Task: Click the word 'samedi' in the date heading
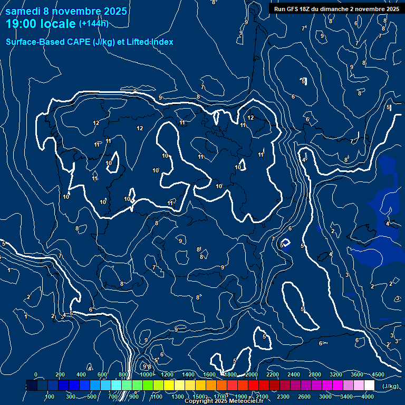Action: [x=23, y=11]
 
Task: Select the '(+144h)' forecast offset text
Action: [x=93, y=24]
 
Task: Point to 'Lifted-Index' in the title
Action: [x=150, y=42]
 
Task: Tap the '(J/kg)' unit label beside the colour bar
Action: [x=390, y=387]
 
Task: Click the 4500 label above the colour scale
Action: [x=378, y=374]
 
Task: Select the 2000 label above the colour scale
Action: [x=251, y=374]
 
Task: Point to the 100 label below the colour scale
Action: [x=50, y=397]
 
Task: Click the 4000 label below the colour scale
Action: [x=368, y=397]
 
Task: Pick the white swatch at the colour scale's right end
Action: [x=369, y=385]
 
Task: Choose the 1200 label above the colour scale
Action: [x=167, y=374]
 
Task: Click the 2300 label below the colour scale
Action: [x=283, y=397]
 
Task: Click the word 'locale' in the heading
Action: [x=57, y=24]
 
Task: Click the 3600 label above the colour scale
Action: [x=356, y=374]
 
